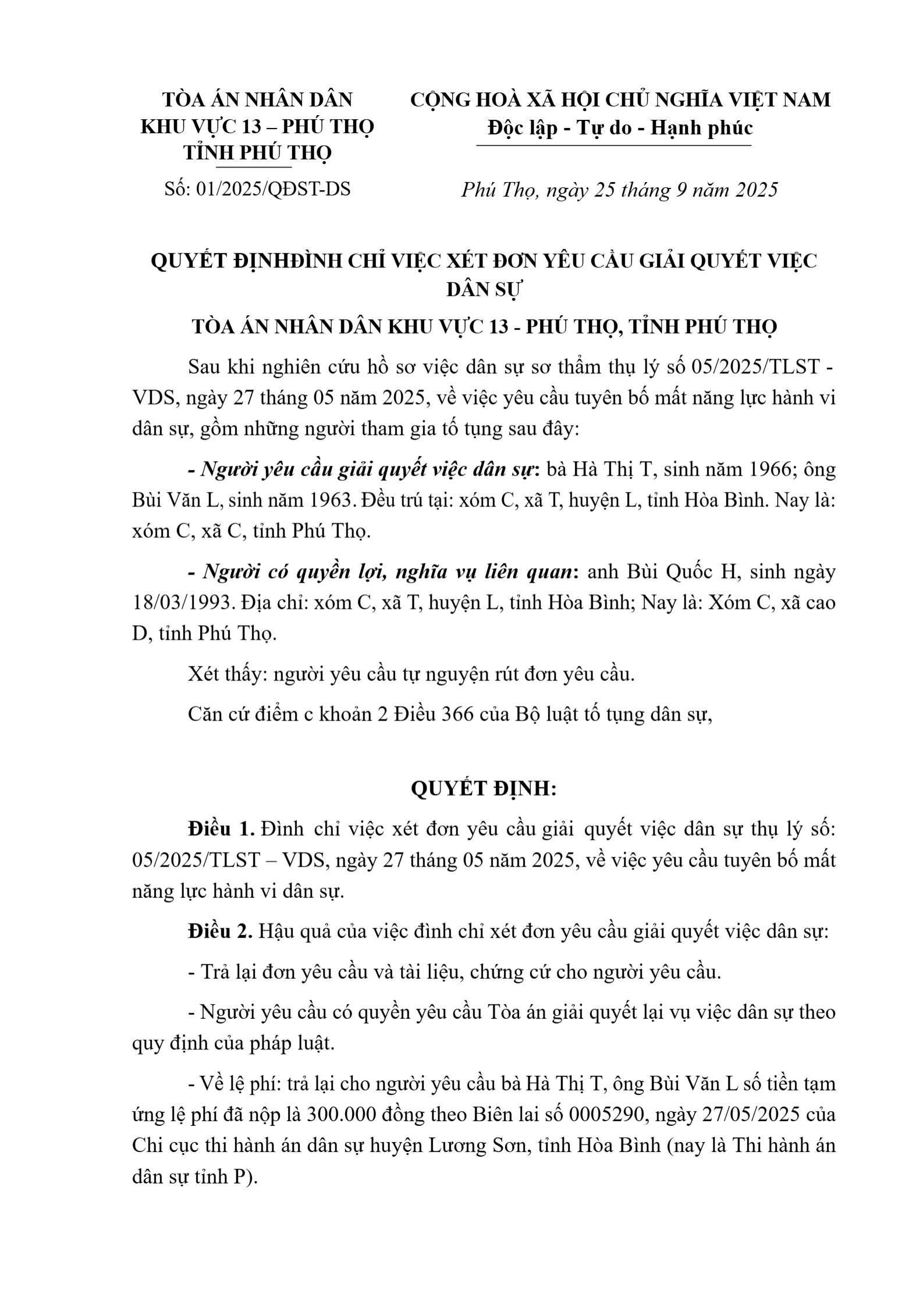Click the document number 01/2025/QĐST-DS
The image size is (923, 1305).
273,189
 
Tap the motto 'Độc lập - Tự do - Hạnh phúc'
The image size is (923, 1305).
620,127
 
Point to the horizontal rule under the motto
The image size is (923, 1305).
613,145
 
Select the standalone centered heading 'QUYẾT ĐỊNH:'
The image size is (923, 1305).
484,789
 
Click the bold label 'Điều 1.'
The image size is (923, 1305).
221,829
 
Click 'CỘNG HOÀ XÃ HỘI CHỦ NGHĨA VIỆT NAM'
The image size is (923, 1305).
620,100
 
